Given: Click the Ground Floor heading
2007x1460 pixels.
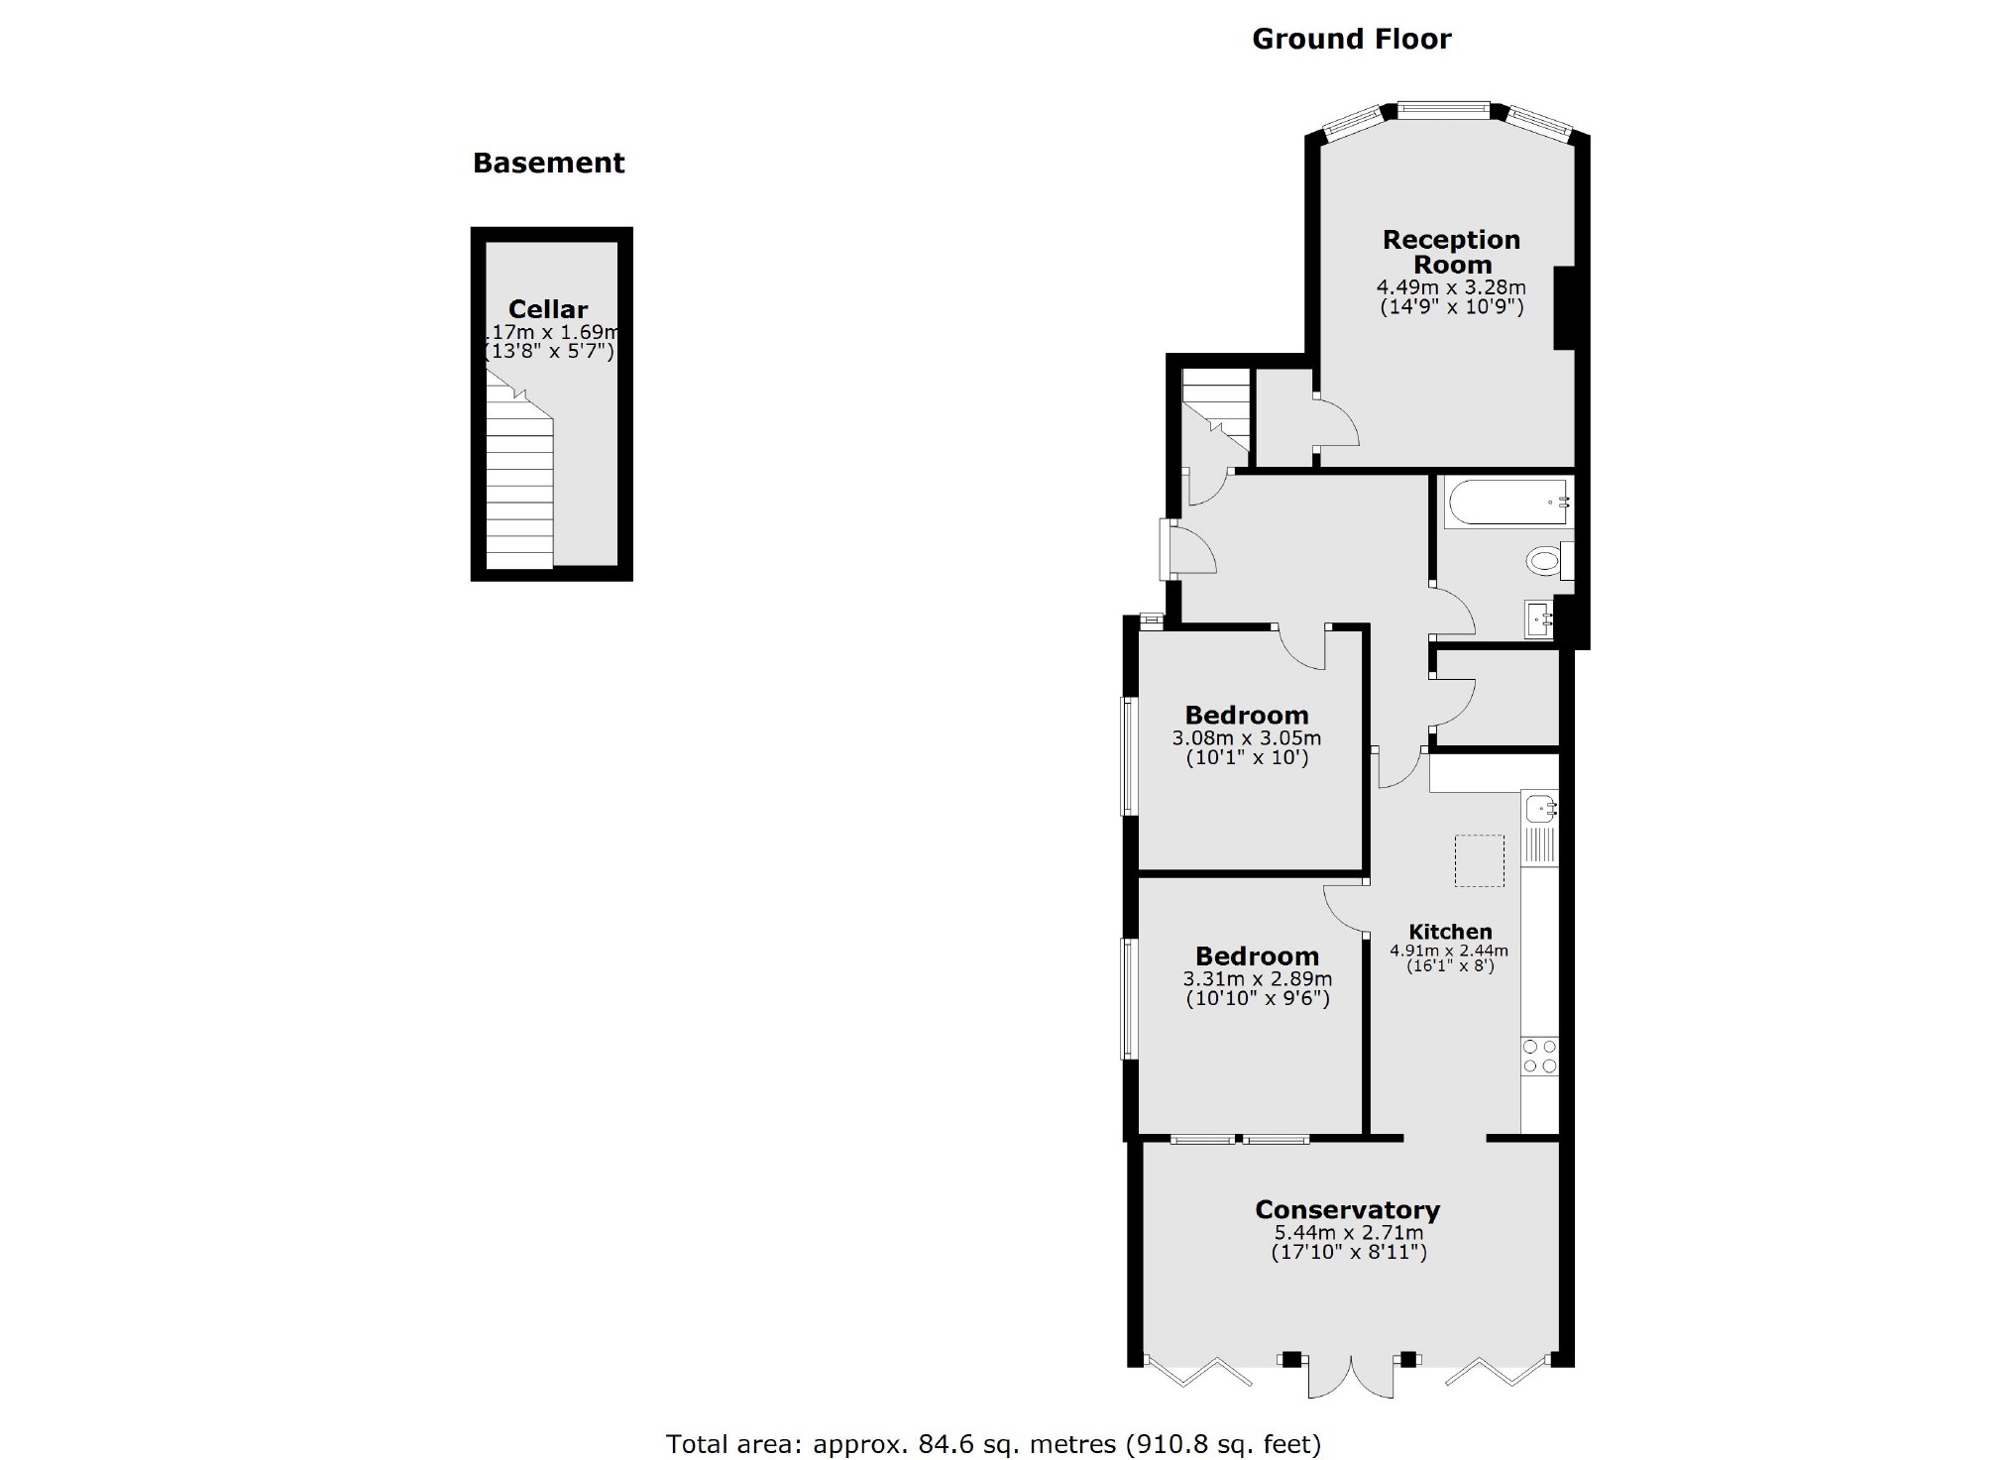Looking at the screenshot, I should [x=1351, y=39].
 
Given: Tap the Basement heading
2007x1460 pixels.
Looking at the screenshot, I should [x=548, y=163].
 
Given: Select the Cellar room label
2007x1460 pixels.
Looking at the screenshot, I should [x=548, y=309].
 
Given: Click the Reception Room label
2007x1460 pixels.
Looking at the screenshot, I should [x=1451, y=252].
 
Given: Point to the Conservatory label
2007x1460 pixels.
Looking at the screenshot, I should [x=1347, y=1210].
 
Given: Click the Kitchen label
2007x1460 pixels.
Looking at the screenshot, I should [x=1450, y=932].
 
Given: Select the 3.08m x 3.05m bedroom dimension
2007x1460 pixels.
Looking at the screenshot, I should [x=1246, y=738].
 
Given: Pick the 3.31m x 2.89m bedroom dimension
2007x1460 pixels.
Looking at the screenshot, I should [x=1257, y=979].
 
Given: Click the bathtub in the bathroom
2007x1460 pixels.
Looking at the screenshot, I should [x=1506, y=502].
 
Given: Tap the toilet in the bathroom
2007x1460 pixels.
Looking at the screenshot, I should [x=1546, y=562].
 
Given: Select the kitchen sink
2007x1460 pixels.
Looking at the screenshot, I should [x=1541, y=809].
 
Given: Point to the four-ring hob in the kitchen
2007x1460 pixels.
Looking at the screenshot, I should [x=1539, y=1056].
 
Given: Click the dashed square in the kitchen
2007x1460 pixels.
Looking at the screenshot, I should [x=1479, y=860].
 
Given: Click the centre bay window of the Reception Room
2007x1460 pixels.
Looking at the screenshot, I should [x=1444, y=110].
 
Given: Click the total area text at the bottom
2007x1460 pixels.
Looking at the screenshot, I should [x=993, y=1444].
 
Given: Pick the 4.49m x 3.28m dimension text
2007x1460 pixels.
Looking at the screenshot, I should [x=1451, y=288].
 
